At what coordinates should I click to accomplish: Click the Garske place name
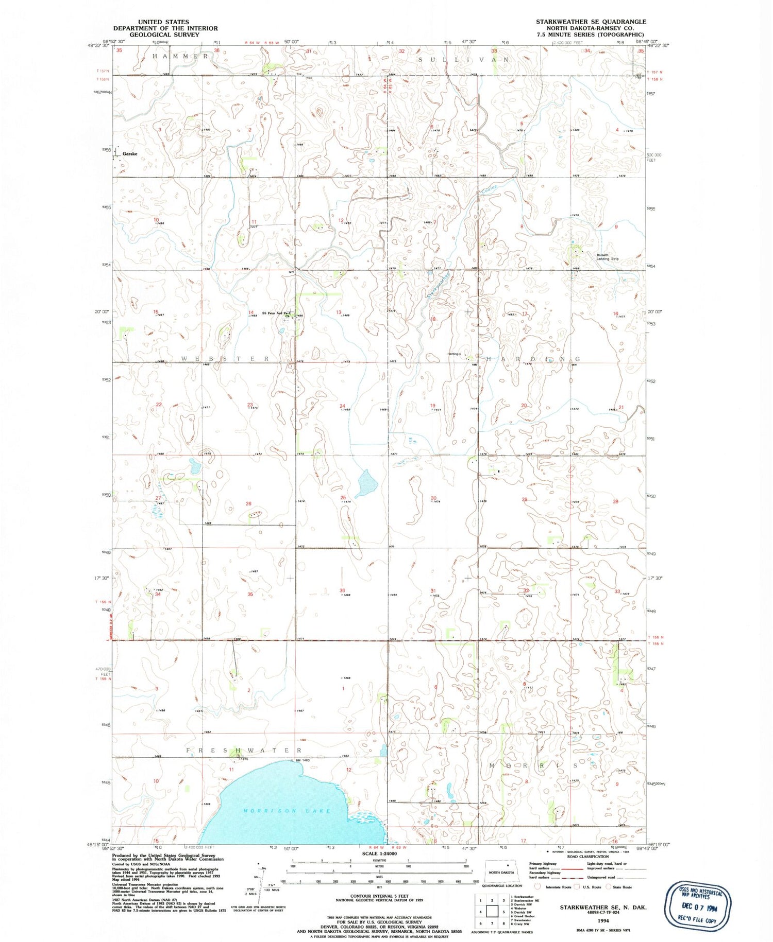click(x=129, y=154)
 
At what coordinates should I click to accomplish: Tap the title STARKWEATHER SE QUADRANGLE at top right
click(x=591, y=22)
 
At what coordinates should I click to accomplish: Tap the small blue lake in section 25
click(x=366, y=483)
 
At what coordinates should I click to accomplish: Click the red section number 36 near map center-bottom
click(x=342, y=590)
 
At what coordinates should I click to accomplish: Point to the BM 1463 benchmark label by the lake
click(x=303, y=760)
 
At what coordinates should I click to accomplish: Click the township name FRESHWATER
click(x=243, y=751)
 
